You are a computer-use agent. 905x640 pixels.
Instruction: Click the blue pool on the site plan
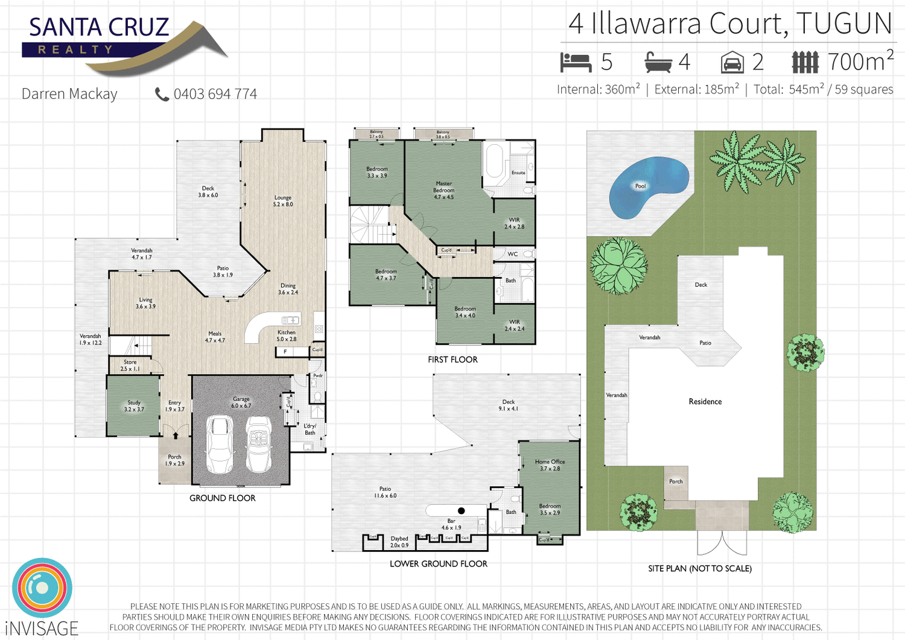pos(647,187)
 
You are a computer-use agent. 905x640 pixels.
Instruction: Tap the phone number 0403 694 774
pos(215,94)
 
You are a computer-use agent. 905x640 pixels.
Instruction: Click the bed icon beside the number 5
pos(576,62)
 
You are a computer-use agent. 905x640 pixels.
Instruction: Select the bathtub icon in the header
pos(658,62)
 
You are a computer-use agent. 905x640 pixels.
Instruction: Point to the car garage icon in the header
pos(732,62)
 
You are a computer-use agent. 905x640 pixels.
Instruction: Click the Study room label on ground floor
pos(134,406)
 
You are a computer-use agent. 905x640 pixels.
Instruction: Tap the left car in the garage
pos(220,445)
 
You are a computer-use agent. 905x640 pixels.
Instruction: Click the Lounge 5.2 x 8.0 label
pos(283,201)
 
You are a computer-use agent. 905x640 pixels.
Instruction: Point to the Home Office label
pos(550,465)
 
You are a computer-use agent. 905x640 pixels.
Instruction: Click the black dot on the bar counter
pos(462,511)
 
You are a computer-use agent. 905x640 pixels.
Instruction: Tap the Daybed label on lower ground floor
pos(399,542)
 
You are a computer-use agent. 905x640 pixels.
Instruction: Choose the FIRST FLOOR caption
pos(453,360)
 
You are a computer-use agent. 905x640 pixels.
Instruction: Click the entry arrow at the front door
pos(176,435)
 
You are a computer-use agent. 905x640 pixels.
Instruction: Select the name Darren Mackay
pos(69,94)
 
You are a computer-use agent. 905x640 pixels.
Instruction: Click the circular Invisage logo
pos(42,588)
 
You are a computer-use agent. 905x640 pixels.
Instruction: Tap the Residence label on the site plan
pos(705,402)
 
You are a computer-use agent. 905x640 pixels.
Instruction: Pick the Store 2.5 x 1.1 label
pos(130,366)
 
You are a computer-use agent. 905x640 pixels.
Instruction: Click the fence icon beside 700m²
pos(805,62)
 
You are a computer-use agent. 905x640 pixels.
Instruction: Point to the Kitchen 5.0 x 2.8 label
pos(287,335)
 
